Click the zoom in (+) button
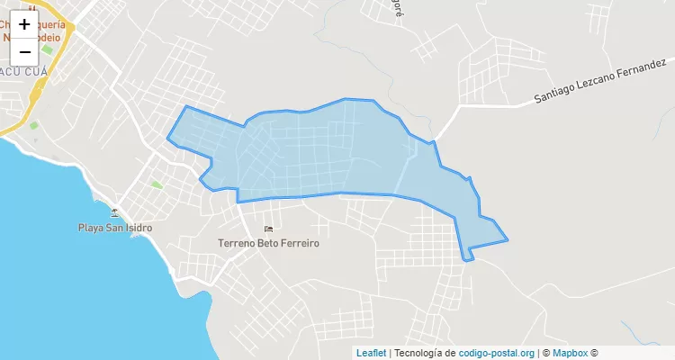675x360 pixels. (x=24, y=24)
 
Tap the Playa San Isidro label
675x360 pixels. (x=114, y=228)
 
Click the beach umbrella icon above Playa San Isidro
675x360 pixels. (x=114, y=212)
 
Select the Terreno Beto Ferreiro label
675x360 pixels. (x=269, y=243)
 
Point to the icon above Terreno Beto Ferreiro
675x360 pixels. (x=269, y=228)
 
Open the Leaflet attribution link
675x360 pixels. (x=371, y=353)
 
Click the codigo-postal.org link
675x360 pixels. (x=497, y=353)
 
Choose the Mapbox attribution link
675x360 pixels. (x=570, y=353)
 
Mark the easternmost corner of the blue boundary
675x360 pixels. (x=508, y=240)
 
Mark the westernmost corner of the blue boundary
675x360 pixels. (x=167, y=139)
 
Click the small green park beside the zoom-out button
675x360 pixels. (x=34, y=125)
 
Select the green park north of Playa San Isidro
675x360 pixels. (x=157, y=184)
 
